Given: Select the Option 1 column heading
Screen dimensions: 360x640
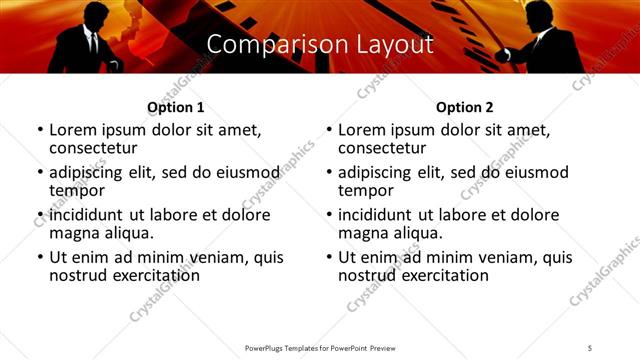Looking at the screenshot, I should [x=175, y=107].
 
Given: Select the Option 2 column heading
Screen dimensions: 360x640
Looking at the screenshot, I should [x=464, y=107].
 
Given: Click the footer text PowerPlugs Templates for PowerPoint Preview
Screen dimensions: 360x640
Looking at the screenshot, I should [x=319, y=348].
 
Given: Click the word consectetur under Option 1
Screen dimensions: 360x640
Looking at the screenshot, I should [x=98, y=148].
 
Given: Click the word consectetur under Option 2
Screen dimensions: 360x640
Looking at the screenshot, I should [x=387, y=148].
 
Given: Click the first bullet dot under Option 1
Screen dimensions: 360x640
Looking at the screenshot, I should [x=40, y=131].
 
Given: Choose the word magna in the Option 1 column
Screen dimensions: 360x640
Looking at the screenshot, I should [x=73, y=233].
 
